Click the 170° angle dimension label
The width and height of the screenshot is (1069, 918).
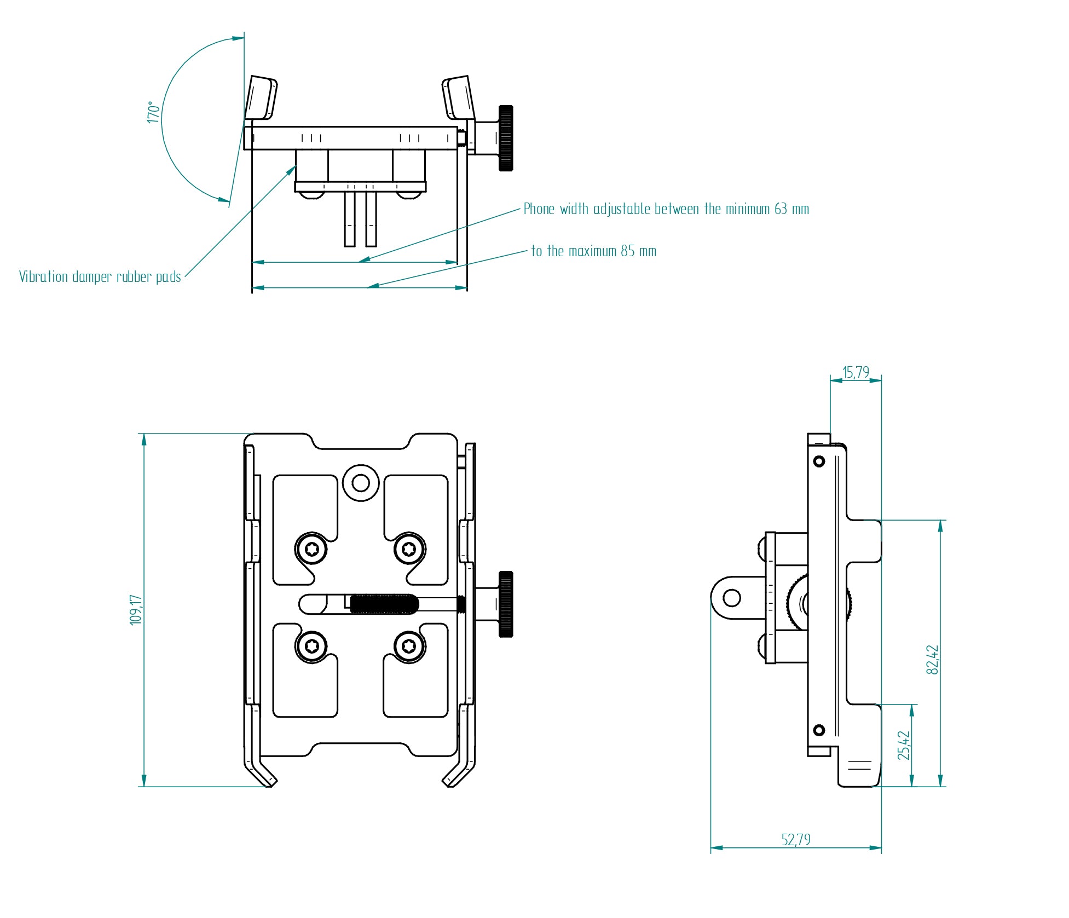pyautogui.click(x=153, y=112)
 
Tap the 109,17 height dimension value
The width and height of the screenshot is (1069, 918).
pyautogui.click(x=135, y=610)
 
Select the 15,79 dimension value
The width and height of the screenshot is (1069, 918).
pyautogui.click(x=856, y=372)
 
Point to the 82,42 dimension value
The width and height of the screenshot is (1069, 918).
pyautogui.click(x=932, y=660)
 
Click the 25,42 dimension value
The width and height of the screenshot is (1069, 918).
pyautogui.click(x=904, y=746)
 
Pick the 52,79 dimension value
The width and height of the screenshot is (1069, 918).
pyautogui.click(x=796, y=839)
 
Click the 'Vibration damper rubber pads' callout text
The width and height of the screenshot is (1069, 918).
pyautogui.click(x=100, y=277)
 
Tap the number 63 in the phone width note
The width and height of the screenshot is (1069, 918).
pyautogui.click(x=781, y=209)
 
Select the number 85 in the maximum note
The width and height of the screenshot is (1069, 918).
pyautogui.click(x=627, y=251)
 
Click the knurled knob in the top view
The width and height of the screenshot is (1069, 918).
pyautogui.click(x=506, y=138)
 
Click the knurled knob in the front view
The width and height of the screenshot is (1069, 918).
pyautogui.click(x=506, y=604)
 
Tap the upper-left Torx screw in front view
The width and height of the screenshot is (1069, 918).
pyautogui.click(x=311, y=549)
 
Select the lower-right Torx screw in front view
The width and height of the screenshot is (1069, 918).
pyautogui.click(x=409, y=646)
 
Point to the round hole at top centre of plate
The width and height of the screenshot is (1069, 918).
pyautogui.click(x=361, y=483)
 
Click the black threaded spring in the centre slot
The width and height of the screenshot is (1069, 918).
pyautogui.click(x=384, y=604)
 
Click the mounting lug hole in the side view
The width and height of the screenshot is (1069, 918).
pyautogui.click(x=731, y=597)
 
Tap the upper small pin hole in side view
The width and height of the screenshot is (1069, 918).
pyautogui.click(x=819, y=461)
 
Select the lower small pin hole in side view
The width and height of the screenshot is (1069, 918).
pyautogui.click(x=819, y=730)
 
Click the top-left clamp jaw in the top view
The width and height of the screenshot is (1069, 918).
pyautogui.click(x=261, y=99)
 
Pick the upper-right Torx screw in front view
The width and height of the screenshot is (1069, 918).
pyautogui.click(x=409, y=549)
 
